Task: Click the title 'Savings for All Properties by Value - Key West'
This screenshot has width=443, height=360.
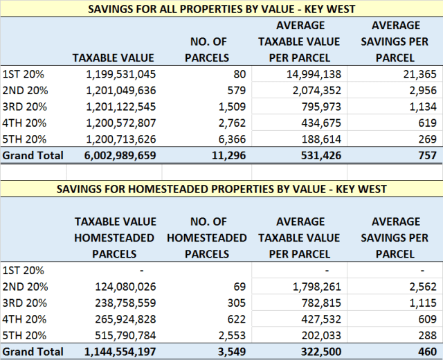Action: tap(221, 9)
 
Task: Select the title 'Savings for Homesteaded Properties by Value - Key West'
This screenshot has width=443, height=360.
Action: tap(221, 189)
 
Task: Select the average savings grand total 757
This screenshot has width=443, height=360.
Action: tap(426, 155)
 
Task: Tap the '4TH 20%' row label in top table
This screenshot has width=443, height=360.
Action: tap(21, 123)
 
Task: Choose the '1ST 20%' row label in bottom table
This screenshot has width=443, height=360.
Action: tap(21, 270)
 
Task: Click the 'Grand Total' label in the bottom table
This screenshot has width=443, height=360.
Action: tap(33, 352)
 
